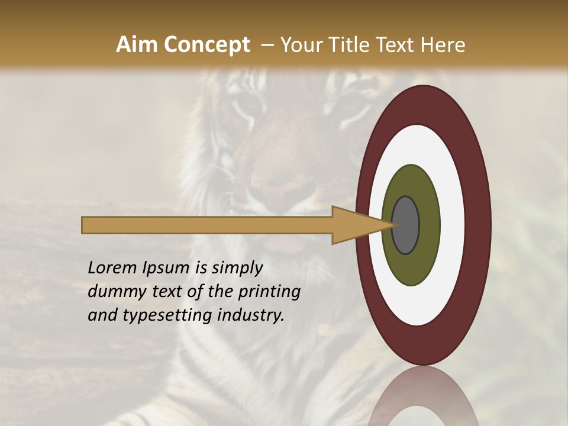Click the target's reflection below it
(x=423, y=396)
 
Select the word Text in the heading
(x=399, y=45)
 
